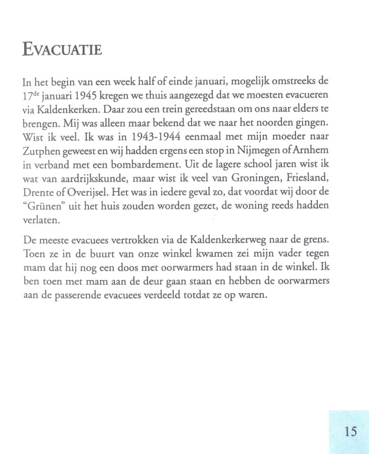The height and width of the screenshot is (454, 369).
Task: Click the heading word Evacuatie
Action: coord(63,51)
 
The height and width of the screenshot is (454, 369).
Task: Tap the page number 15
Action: coord(350,431)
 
